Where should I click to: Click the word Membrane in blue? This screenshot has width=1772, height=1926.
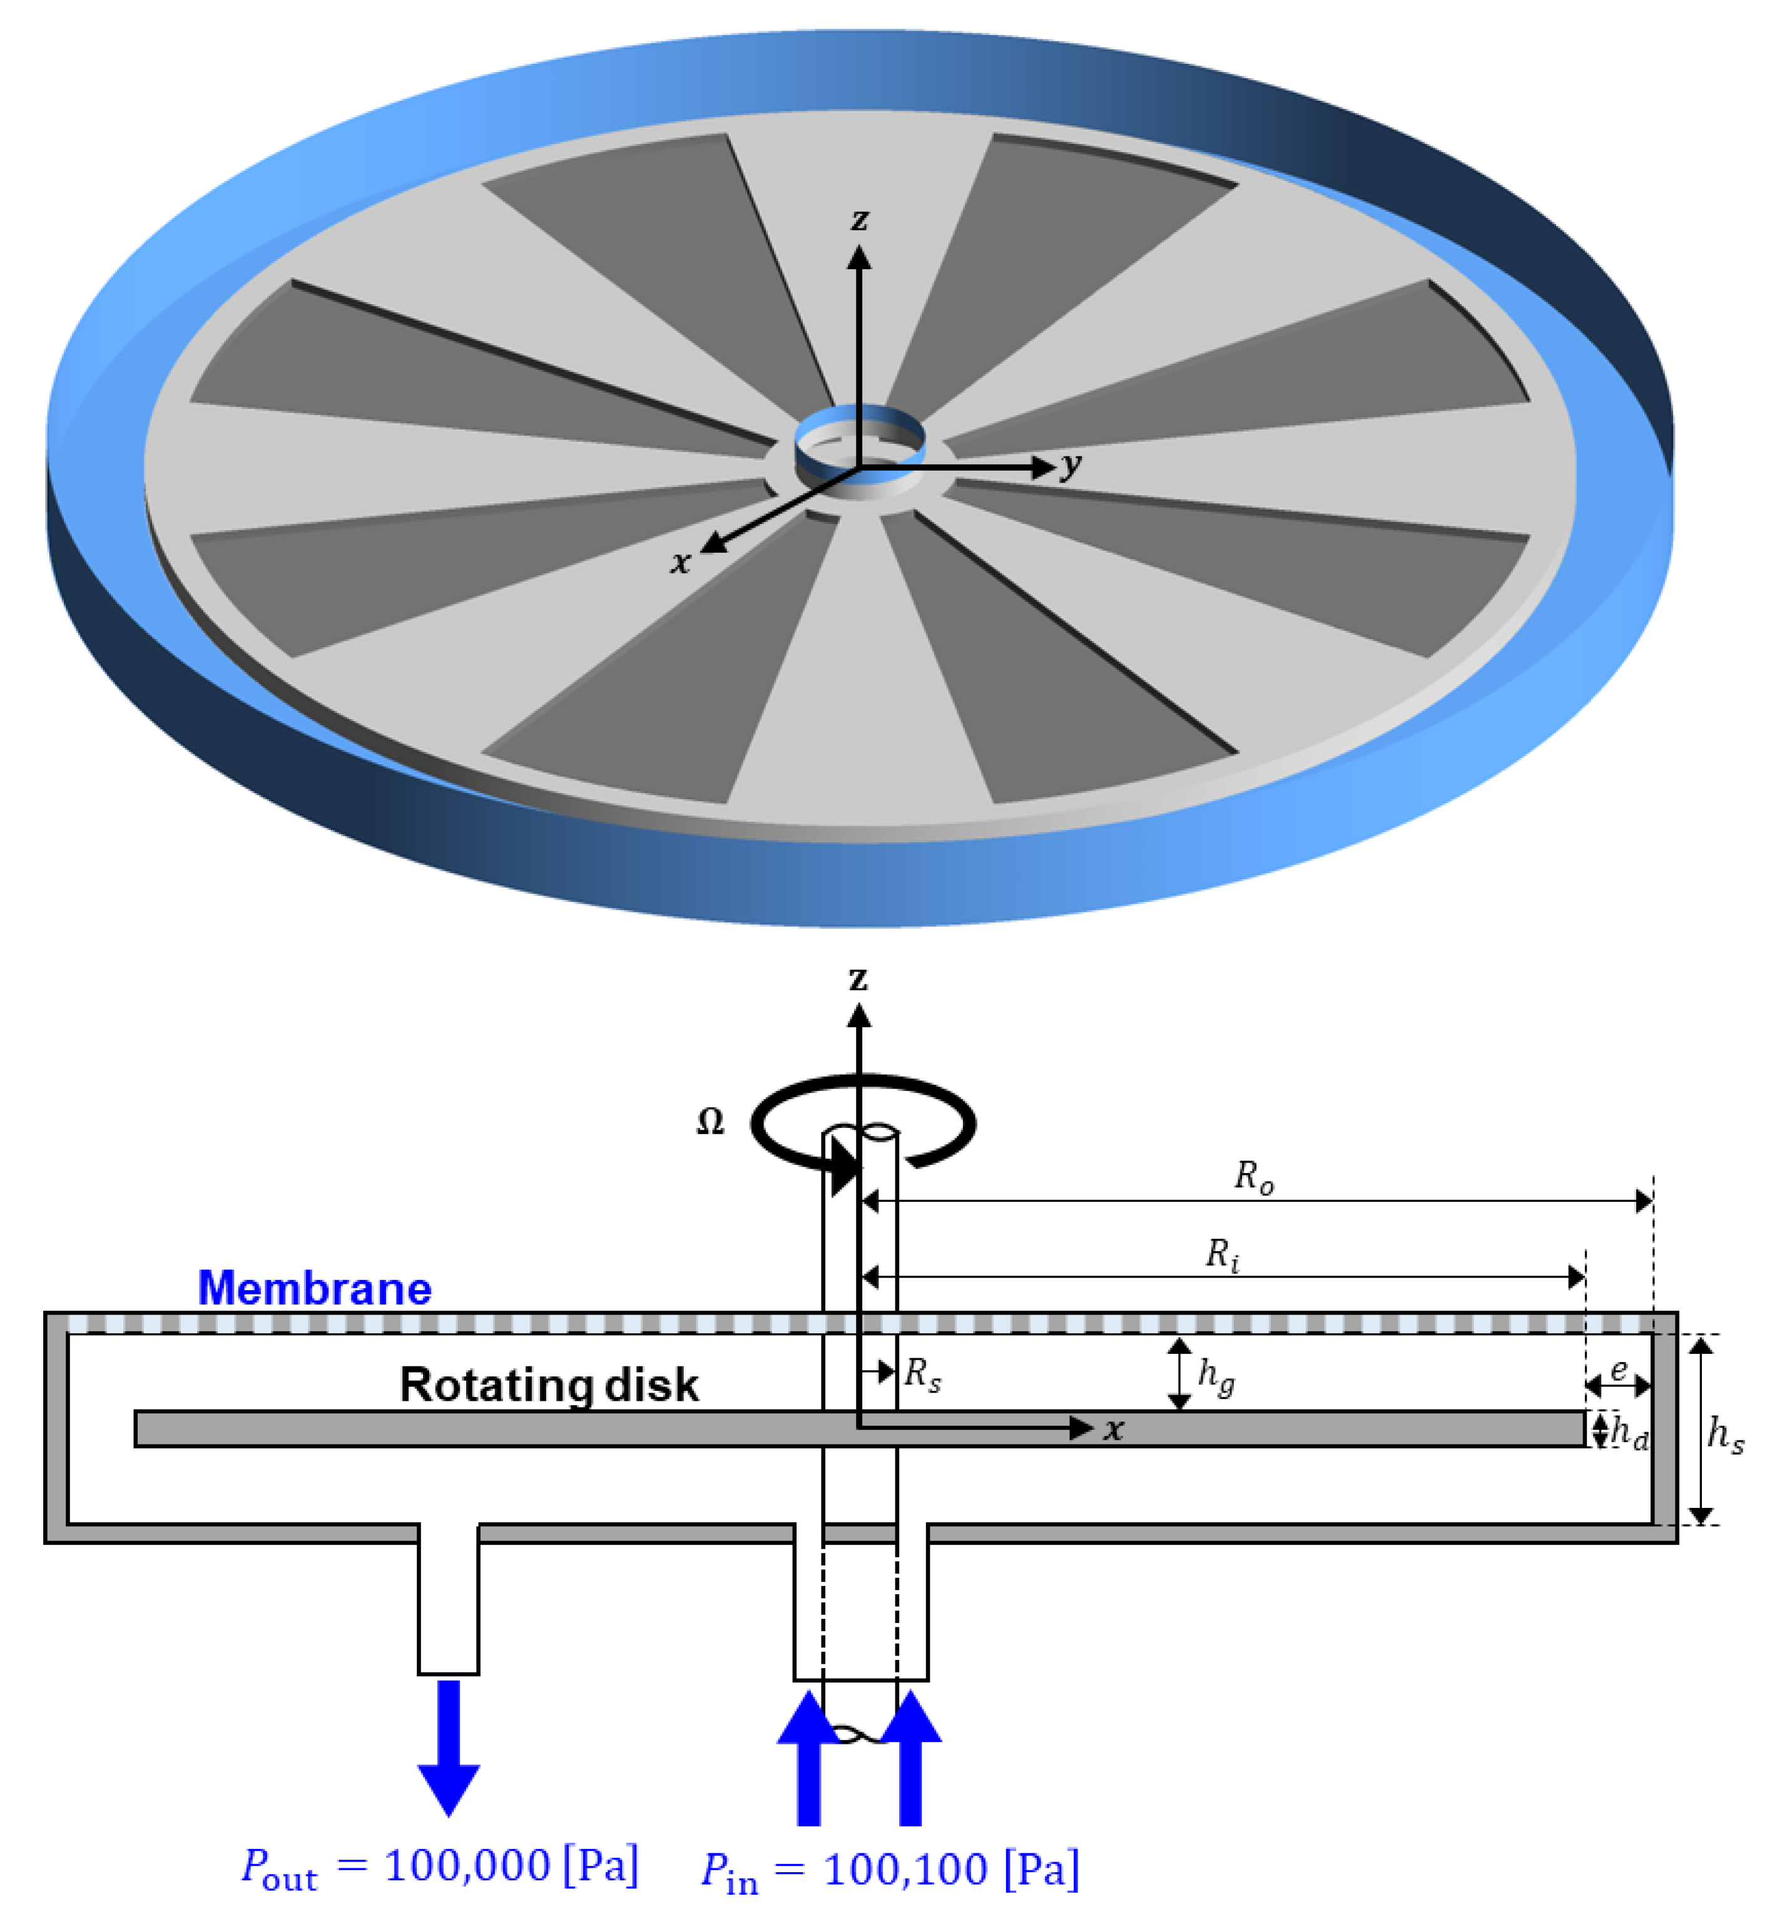[315, 1288]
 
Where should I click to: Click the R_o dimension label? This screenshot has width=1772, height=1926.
[1253, 1177]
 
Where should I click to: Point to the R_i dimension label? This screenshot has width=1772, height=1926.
[1223, 1254]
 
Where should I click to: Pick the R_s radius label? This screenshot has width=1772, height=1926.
[922, 1375]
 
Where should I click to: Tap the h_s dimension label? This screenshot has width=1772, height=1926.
[1725, 1435]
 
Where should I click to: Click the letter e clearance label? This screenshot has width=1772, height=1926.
[1619, 1369]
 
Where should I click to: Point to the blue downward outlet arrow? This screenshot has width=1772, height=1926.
[449, 1746]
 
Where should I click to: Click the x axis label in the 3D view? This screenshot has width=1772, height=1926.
[680, 562]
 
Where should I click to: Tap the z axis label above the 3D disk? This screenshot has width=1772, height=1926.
[859, 220]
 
